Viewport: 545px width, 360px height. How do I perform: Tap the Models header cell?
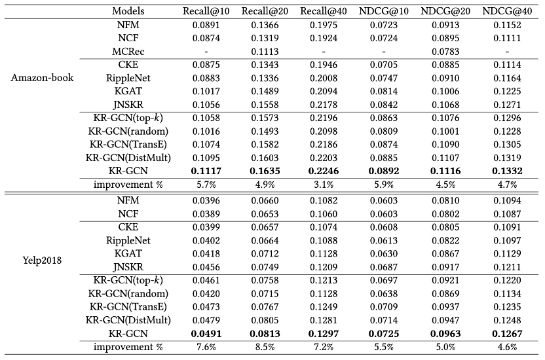coord(128,11)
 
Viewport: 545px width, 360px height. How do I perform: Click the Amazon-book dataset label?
coord(43,78)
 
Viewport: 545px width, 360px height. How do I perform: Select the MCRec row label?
coord(128,51)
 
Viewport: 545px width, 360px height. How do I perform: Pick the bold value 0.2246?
coord(321,170)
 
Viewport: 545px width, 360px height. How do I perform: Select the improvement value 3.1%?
coord(321,184)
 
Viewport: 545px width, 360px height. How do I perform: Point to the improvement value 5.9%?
coord(383,184)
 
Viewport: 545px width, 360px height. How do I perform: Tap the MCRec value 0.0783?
coord(445,51)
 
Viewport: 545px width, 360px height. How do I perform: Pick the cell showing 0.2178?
coord(321,105)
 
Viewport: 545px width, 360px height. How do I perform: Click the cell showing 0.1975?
coord(321,25)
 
